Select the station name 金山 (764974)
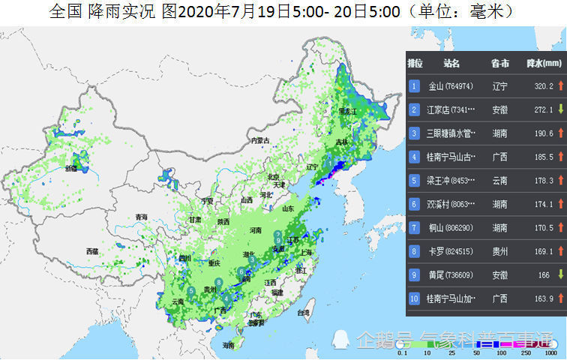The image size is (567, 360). [447, 86]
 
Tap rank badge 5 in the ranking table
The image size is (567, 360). [413, 181]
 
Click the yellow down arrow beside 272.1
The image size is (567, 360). [559, 109]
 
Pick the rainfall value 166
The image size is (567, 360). [544, 275]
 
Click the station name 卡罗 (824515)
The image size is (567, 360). [448, 251]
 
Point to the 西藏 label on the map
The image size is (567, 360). [92, 250]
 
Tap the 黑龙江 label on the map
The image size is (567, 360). [349, 111]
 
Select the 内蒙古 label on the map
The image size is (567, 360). [259, 140]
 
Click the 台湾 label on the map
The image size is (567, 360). [304, 312]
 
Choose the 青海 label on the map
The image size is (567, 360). [141, 217]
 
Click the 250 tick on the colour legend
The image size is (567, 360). [527, 352]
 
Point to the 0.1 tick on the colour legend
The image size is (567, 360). [403, 352]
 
